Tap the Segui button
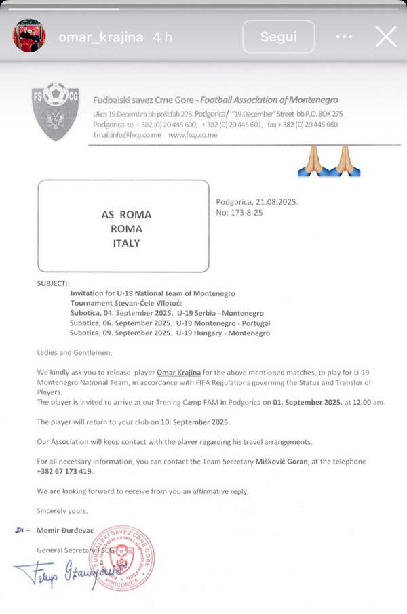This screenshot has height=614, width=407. (278, 37)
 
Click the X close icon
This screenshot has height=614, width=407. (386, 37)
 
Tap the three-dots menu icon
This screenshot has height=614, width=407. (345, 37)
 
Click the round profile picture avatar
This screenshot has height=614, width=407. (30, 37)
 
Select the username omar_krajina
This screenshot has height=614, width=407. (101, 37)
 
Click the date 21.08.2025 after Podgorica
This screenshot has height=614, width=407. (277, 201)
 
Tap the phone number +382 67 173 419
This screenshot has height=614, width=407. (64, 471)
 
